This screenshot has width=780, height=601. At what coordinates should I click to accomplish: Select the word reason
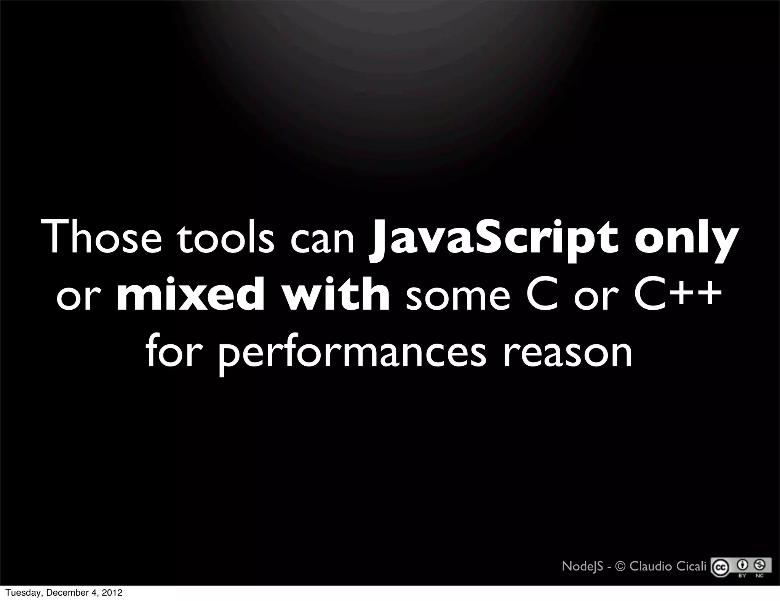coord(568,354)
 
